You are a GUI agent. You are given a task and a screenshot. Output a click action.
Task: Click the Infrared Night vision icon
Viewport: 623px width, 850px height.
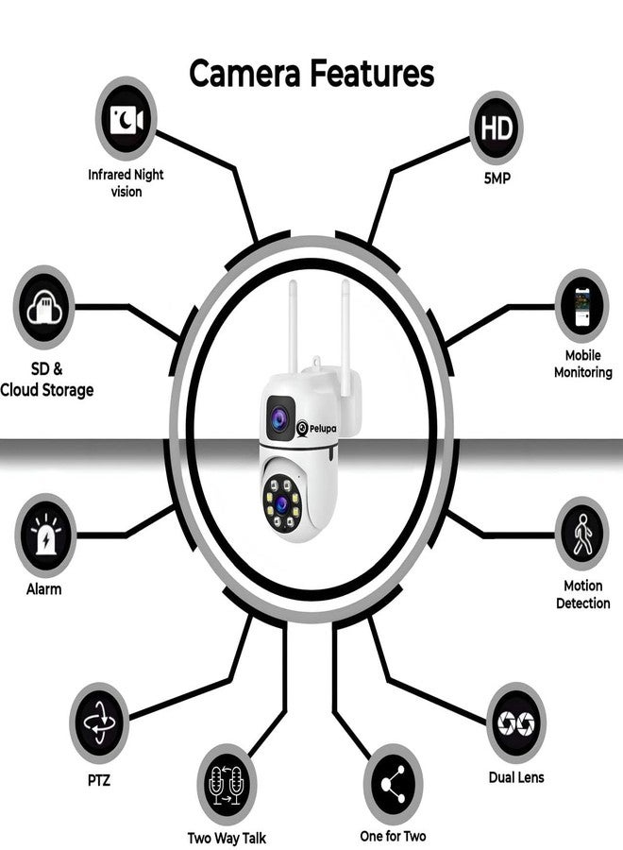tap(126, 119)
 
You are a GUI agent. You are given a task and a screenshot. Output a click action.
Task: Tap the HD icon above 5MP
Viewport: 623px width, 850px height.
tap(497, 128)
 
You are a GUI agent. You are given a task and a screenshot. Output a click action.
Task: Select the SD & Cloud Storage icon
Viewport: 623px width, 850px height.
tap(43, 307)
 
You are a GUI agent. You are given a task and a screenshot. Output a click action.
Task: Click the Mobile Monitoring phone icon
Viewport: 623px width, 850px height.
tap(581, 306)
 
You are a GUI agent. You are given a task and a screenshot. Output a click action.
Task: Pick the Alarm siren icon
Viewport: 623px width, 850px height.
tap(45, 535)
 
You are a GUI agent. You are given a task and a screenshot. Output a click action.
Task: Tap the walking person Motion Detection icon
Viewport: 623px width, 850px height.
tap(581, 534)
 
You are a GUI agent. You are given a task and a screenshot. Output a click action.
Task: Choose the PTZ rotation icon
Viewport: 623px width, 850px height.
tap(99, 723)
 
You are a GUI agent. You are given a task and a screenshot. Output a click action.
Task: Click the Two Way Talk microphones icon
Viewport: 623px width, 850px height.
tap(227, 785)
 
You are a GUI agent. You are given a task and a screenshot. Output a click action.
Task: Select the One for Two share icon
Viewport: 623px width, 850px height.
tap(393, 785)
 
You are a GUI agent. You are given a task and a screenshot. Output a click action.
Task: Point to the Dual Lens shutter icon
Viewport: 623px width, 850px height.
tap(515, 723)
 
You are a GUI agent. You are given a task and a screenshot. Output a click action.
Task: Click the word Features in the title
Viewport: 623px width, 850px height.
tap(372, 74)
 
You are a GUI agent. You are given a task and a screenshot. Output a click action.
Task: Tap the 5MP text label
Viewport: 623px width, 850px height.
tap(497, 178)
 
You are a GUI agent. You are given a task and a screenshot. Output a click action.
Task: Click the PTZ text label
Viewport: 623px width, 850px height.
tap(98, 780)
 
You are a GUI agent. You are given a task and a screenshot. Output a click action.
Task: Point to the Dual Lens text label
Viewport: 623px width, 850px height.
tap(516, 777)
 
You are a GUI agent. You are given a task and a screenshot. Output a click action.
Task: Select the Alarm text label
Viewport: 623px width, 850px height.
tap(43, 588)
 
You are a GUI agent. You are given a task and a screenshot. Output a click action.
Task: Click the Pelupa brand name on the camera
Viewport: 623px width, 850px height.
tap(322, 428)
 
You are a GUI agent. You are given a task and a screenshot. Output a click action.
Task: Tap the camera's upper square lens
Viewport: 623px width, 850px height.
tap(280, 418)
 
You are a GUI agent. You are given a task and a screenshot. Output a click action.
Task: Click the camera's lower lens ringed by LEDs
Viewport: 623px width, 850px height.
tap(280, 503)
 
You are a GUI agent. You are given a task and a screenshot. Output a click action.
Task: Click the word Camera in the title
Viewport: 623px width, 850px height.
tap(244, 74)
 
